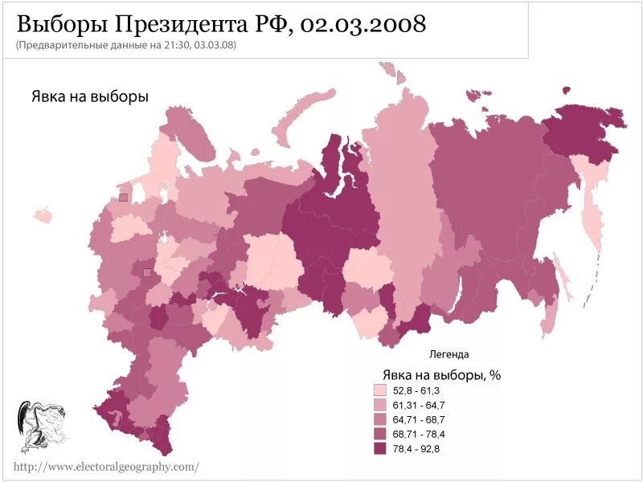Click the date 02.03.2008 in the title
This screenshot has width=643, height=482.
coord(362,24)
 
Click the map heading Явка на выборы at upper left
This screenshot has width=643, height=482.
coord(90,96)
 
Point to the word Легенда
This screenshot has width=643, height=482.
coord(448,354)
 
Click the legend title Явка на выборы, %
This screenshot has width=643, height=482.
coord(441,374)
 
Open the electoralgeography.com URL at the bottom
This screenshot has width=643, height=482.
coord(105,467)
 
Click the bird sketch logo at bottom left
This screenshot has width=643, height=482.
coord(40,426)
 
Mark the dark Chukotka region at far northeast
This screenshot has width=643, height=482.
coord(583,129)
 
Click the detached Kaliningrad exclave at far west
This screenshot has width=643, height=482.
coord(43,216)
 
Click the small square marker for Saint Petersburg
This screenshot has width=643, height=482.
coord(123,197)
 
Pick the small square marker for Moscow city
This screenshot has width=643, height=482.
coord(146,273)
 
